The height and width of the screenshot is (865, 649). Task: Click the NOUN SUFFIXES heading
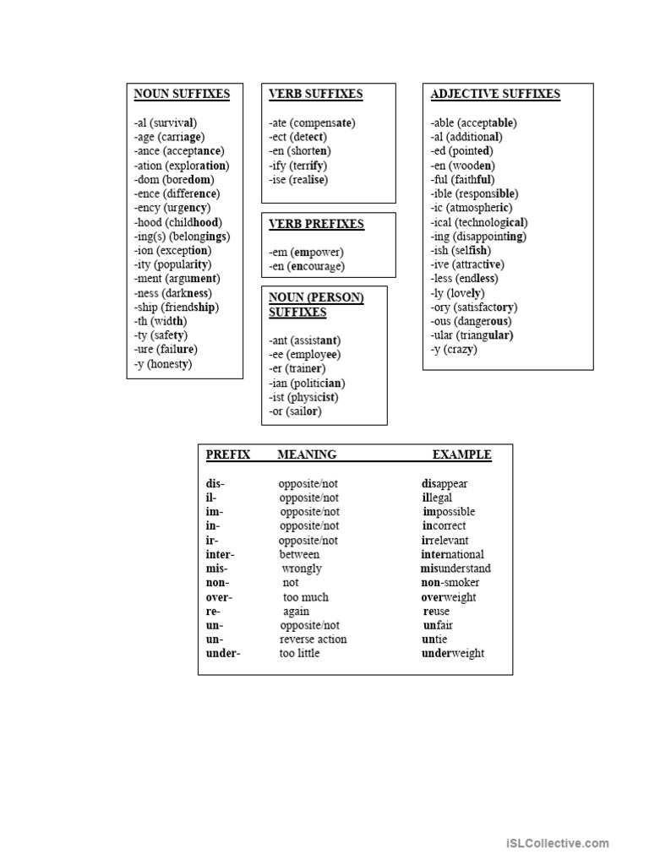182,94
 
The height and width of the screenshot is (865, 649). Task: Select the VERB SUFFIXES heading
315,94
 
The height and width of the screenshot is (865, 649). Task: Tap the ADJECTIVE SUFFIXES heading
495,94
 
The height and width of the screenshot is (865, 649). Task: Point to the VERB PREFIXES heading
316,224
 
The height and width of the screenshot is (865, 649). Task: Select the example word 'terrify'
310,166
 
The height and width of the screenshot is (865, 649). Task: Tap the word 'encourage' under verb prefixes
318,267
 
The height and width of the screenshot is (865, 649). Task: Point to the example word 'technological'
492,222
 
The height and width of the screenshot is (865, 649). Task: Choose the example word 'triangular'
485,335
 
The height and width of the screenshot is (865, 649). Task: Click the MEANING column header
307,454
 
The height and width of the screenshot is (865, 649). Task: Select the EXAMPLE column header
461,454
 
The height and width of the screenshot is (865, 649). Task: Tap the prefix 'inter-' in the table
221,555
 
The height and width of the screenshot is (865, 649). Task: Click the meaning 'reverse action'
313,639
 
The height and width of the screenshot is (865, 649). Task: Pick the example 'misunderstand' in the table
455,569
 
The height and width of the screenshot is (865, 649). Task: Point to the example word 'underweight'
453,654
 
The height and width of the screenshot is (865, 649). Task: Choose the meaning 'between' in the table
300,555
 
